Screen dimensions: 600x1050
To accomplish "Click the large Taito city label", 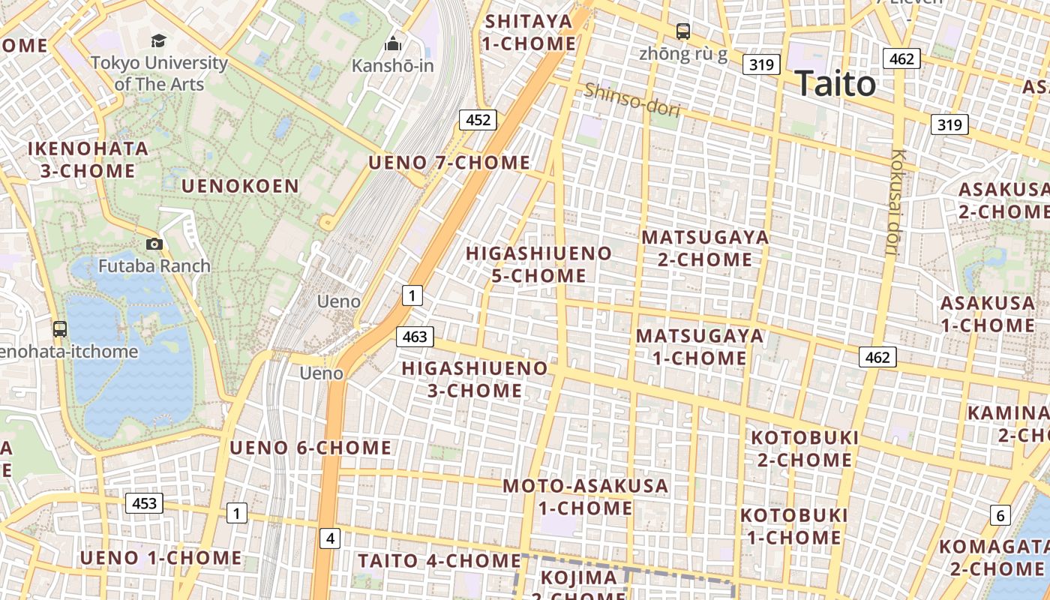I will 835,83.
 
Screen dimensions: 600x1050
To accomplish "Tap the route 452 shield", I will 478,119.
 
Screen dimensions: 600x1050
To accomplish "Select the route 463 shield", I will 415,337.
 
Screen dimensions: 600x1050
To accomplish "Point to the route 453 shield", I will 144,502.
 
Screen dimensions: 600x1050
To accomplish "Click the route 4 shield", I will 330,538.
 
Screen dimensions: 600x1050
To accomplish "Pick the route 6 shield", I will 1000,515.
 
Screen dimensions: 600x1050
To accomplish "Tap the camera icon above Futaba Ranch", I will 154,244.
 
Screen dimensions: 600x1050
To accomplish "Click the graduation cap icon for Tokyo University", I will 158,40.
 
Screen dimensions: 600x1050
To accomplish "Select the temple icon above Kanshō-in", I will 392,44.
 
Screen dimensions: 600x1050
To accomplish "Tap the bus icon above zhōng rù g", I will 682,31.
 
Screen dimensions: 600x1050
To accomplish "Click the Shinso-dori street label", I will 631,100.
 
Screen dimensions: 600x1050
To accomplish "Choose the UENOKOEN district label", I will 240,186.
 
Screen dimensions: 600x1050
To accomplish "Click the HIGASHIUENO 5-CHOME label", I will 538,264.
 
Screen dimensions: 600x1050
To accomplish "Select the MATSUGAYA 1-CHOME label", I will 699,346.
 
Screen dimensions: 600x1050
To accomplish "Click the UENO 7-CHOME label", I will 449,163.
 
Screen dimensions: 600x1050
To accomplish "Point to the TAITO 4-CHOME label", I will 439,560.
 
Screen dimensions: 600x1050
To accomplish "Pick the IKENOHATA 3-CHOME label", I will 88,159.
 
